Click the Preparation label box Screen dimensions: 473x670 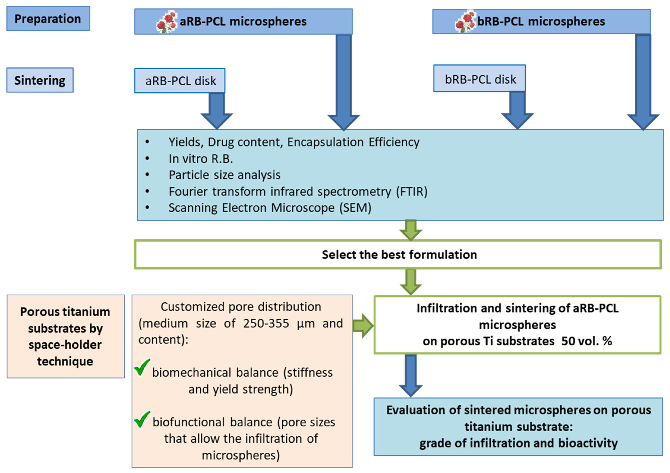click(48, 19)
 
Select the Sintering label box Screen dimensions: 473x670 click(40, 80)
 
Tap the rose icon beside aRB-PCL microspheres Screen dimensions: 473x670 click(167, 22)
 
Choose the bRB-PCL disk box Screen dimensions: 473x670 click(479, 79)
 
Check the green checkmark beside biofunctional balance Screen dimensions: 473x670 click(142, 419)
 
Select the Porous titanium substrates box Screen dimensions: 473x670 click(66, 336)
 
